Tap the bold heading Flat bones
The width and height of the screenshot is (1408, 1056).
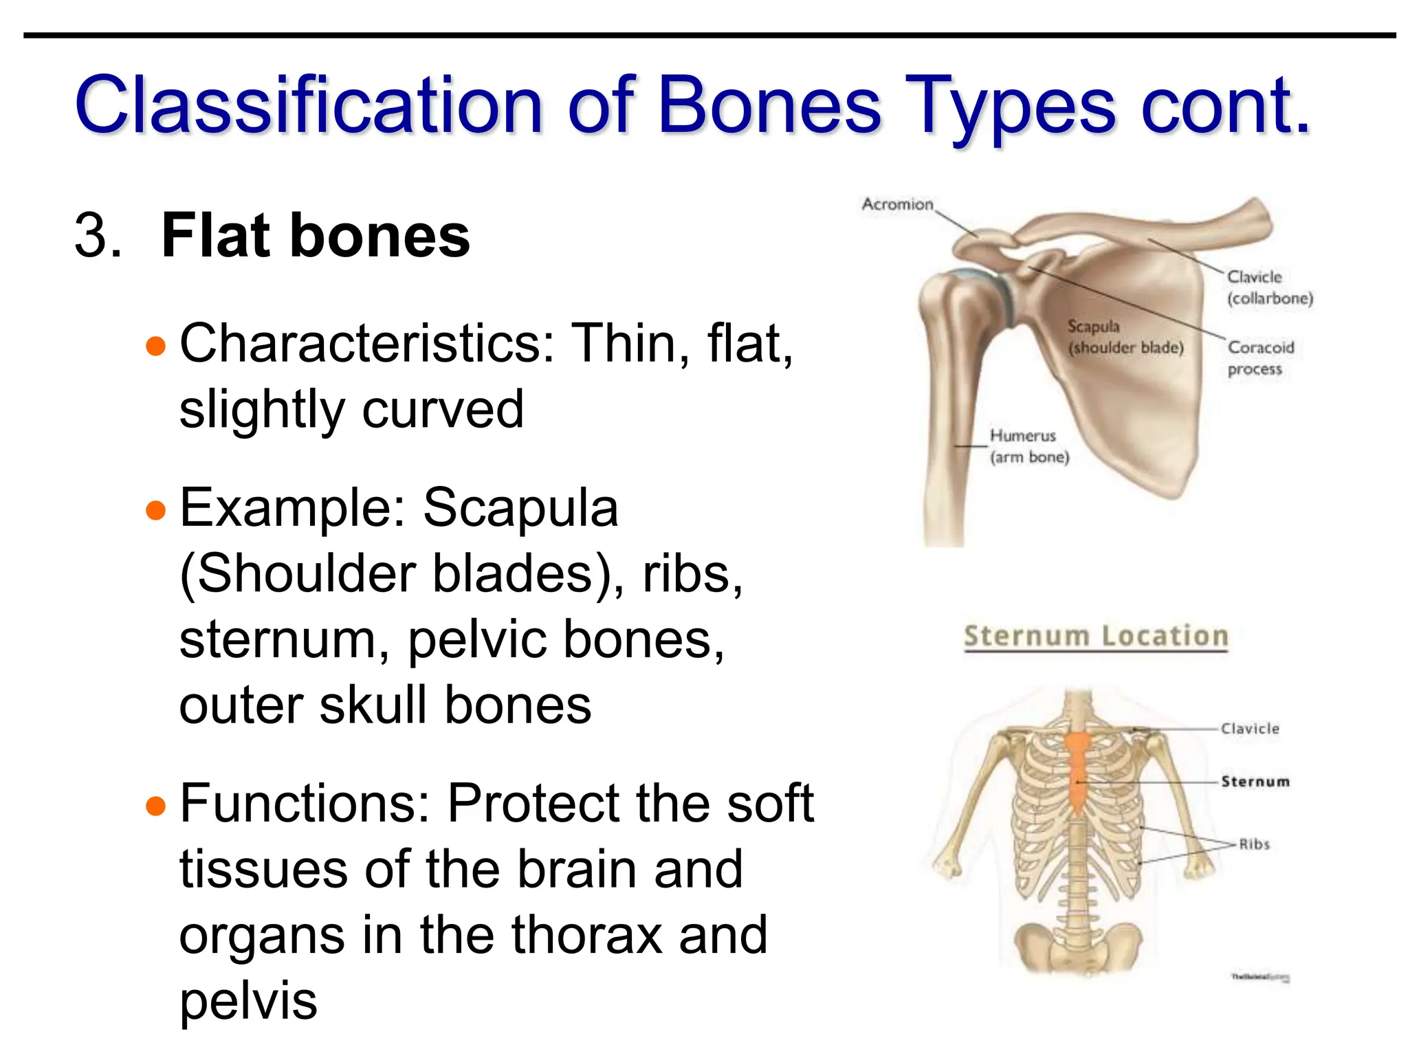pos(315,236)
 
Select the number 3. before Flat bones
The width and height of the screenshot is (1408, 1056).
pos(98,236)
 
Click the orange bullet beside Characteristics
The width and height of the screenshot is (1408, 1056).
pos(156,345)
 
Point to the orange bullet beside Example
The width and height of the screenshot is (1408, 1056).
pos(156,510)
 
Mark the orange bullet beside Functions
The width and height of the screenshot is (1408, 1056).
pos(156,805)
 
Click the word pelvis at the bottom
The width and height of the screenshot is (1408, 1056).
pos(248,1001)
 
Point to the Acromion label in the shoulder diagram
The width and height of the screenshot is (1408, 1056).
pos(897,204)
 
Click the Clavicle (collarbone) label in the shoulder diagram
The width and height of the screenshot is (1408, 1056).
pos(1269,287)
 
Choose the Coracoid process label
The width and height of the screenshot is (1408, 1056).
pos(1259,358)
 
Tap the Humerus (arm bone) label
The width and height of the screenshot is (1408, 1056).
pos(1028,446)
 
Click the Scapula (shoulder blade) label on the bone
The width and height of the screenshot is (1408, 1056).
pos(1125,337)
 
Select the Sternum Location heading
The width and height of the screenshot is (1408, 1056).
pos(1095,636)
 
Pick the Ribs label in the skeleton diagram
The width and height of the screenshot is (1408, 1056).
pos(1254,844)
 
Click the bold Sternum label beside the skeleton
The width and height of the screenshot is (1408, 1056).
pos(1255,782)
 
